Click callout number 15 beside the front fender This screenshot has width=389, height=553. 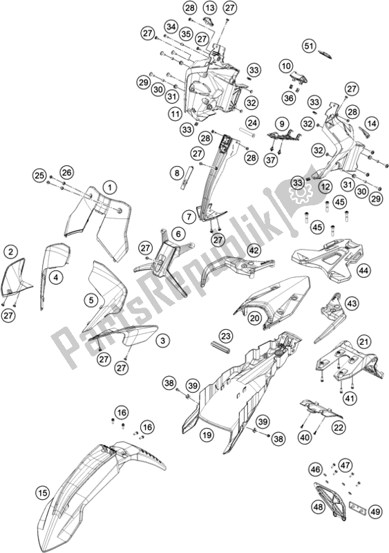click(x=43, y=493)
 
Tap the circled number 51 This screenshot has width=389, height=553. click(x=309, y=46)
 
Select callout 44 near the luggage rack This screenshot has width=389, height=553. click(x=363, y=272)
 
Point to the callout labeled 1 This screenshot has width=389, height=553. click(x=108, y=186)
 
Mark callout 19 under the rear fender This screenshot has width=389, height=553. click(x=207, y=435)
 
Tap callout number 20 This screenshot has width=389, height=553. click(x=255, y=318)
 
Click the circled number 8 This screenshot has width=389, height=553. click(x=178, y=172)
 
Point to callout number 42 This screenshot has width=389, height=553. click(x=254, y=251)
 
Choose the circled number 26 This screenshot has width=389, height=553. click(x=66, y=172)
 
